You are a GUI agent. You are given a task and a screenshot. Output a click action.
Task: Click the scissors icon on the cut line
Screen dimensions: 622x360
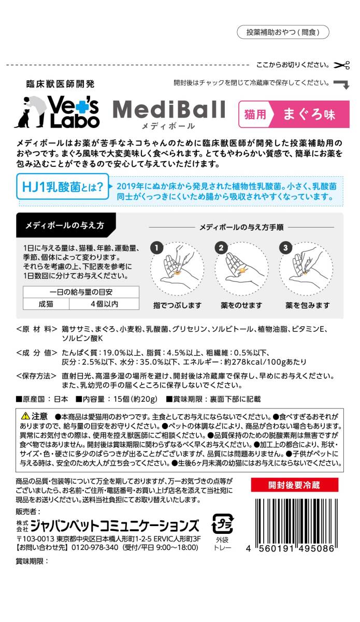(x=342, y=65)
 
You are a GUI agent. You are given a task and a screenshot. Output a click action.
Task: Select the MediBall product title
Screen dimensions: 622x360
(x=169, y=110)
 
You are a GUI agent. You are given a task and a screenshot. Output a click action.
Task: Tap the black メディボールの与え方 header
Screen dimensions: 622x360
(x=65, y=225)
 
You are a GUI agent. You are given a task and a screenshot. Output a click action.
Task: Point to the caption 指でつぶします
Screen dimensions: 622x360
(x=177, y=305)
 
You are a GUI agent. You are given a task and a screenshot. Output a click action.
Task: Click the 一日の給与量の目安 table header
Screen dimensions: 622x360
(x=81, y=291)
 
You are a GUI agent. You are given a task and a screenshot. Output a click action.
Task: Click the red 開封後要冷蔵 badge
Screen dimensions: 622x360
(x=294, y=485)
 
